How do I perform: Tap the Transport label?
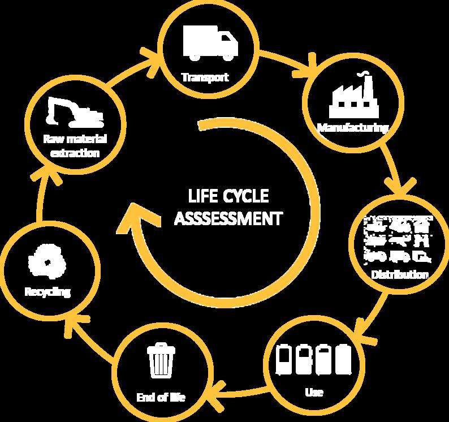[205, 77]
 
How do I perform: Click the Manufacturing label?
[353, 127]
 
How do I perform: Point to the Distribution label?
[400, 275]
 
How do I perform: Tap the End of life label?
[161, 398]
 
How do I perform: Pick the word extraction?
[75, 153]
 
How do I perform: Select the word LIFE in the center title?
[202, 197]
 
